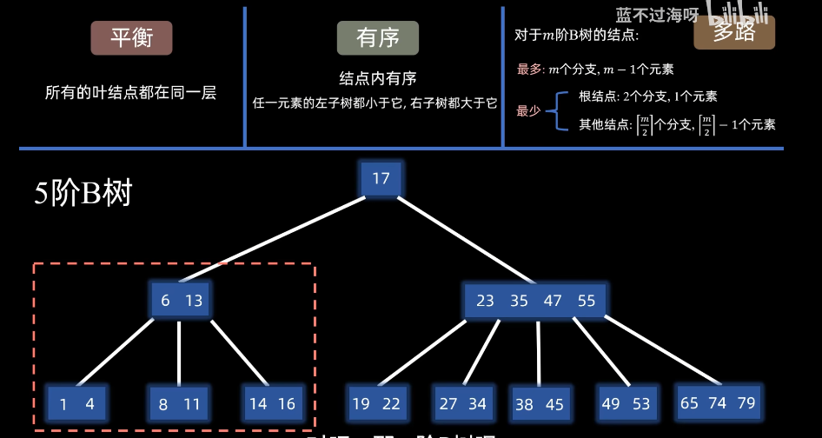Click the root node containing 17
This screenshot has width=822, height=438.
click(381, 179)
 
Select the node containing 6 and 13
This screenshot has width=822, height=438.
click(181, 301)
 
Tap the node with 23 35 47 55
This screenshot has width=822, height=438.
click(535, 301)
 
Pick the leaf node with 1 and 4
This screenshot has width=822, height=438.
click(76, 403)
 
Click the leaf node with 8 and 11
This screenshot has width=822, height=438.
click(180, 403)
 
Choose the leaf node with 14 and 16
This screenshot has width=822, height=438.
click(272, 403)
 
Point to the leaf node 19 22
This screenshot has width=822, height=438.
click(376, 403)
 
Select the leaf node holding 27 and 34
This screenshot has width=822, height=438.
click(463, 403)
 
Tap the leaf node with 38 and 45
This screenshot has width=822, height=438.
click(540, 404)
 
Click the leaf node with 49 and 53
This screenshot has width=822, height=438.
click(626, 403)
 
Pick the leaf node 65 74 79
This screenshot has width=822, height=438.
click(719, 402)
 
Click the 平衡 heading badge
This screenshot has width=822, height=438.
click(131, 38)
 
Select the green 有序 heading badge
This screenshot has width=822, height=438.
click(378, 38)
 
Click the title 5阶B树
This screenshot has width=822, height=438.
click(83, 193)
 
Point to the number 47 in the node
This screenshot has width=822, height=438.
click(553, 301)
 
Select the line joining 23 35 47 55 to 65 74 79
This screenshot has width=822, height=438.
click(665, 352)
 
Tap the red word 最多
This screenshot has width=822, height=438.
click(528, 70)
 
